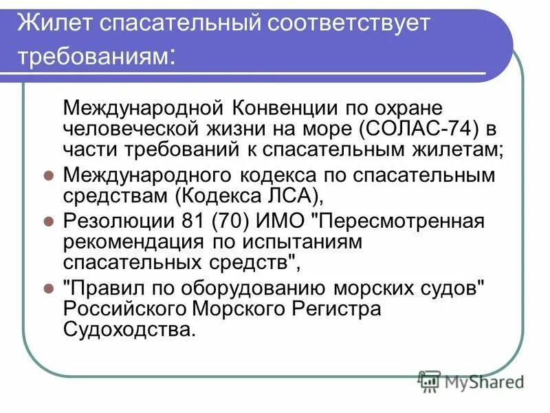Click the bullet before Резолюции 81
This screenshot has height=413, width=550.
tap(48, 222)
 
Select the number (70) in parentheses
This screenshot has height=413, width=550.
tap(222, 223)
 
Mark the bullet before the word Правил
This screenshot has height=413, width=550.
tap(48, 288)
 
